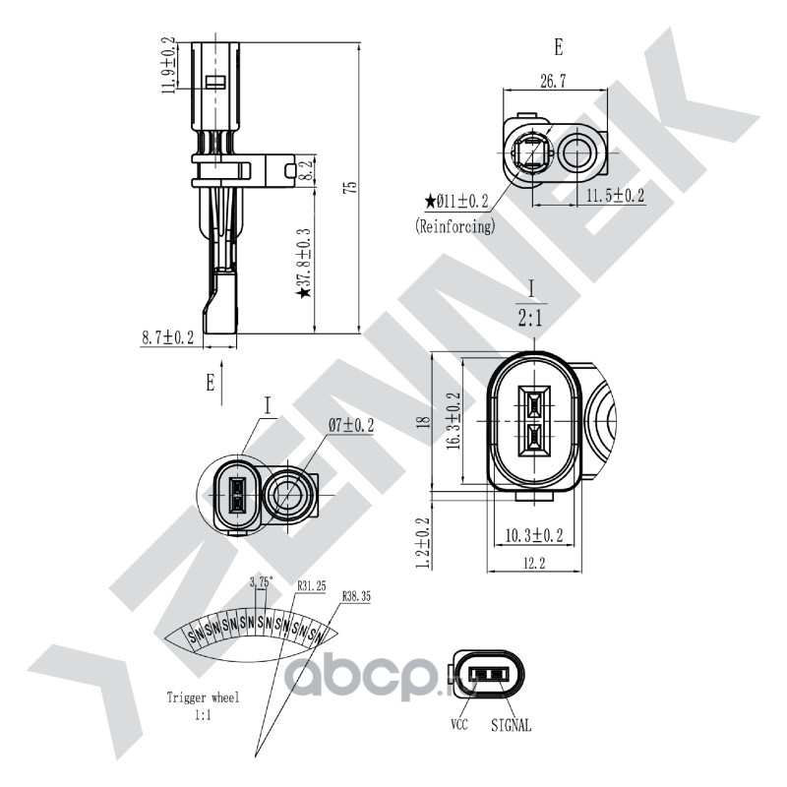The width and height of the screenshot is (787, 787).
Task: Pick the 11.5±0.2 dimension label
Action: tap(615, 197)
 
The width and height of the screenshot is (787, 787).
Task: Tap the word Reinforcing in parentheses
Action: tap(454, 225)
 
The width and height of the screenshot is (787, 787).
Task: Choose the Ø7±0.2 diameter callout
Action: tap(350, 425)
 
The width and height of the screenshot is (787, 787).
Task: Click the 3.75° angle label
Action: tap(260, 582)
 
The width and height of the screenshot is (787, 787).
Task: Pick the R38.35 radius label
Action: tap(357, 597)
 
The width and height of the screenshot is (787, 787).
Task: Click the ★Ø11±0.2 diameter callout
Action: tap(456, 202)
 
